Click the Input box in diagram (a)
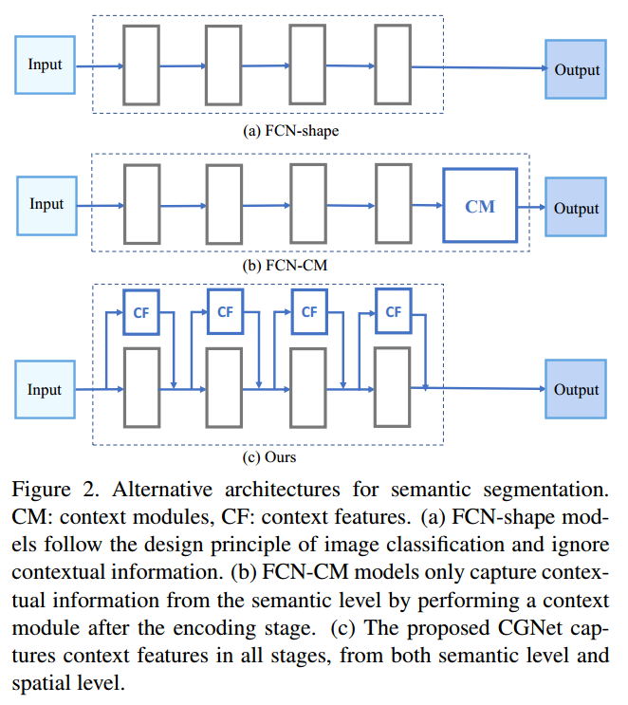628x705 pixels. [x=45, y=65]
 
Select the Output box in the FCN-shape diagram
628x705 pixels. [x=576, y=69]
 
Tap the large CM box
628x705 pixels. [x=480, y=206]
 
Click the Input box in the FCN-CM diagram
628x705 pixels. [x=46, y=205]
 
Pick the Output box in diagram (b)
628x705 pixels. [x=576, y=208]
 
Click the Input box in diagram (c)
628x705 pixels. [x=45, y=390]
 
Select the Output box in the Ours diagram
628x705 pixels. [x=576, y=390]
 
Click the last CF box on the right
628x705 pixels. [x=393, y=312]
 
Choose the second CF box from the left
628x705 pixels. [x=225, y=312]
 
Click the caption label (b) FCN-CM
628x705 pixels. [x=285, y=267]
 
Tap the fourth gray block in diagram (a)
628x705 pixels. [x=393, y=65]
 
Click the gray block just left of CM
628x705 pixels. [x=393, y=206]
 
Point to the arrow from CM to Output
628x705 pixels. [x=531, y=207]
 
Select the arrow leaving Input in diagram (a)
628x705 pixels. [x=100, y=65]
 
